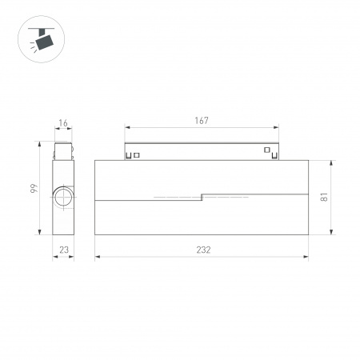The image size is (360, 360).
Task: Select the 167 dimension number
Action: (201, 121)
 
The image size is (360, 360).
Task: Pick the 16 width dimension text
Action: (63, 125)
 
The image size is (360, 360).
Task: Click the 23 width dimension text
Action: (63, 250)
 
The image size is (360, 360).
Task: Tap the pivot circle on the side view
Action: (62, 198)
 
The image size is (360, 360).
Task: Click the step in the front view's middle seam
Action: (202, 195)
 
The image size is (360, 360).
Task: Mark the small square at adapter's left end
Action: (136, 154)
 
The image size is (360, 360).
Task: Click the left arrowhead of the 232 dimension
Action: (98, 257)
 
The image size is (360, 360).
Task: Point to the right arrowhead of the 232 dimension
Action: (306, 257)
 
